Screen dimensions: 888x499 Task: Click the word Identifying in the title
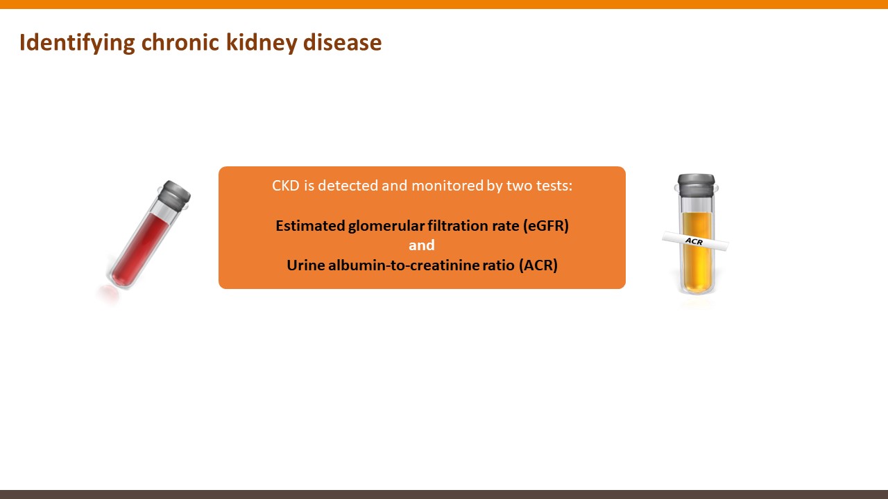point(77,43)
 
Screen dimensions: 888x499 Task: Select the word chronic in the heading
point(180,42)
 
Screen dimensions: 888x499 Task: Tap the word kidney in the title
point(262,43)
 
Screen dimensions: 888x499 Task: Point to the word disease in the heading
point(342,42)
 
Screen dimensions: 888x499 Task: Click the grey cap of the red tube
point(174,195)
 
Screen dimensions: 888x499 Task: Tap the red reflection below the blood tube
point(108,295)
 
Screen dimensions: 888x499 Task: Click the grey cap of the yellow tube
point(696,185)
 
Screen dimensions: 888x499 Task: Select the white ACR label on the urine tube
point(695,240)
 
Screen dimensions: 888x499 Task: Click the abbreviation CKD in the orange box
point(285,185)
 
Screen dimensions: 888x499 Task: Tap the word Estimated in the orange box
point(310,226)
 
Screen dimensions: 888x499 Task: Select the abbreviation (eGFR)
point(546,226)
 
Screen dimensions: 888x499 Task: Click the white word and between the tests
point(422,245)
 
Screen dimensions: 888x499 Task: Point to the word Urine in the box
point(306,265)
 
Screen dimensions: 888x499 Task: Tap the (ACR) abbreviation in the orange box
point(538,265)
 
